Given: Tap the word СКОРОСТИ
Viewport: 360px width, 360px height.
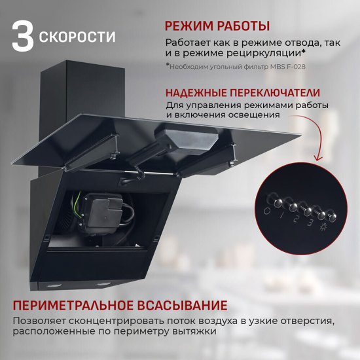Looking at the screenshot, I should pos(77,37).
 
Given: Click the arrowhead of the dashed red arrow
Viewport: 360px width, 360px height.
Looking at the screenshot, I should pos(319,158).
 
